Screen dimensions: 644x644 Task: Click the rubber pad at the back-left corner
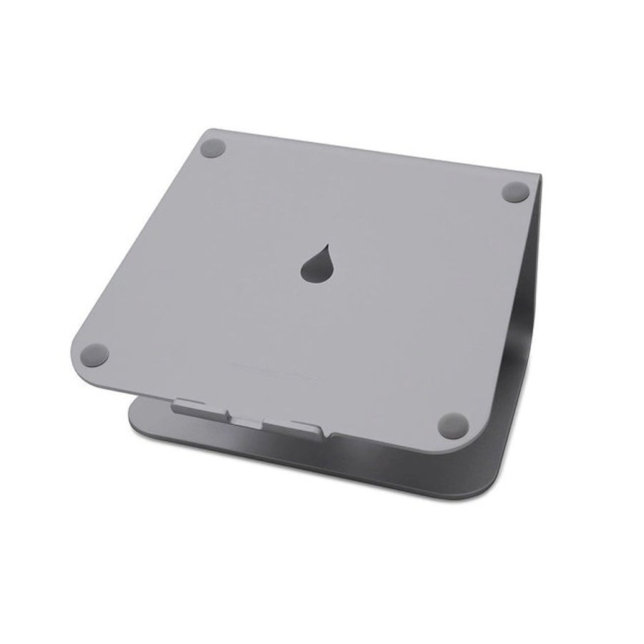click(213, 149)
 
